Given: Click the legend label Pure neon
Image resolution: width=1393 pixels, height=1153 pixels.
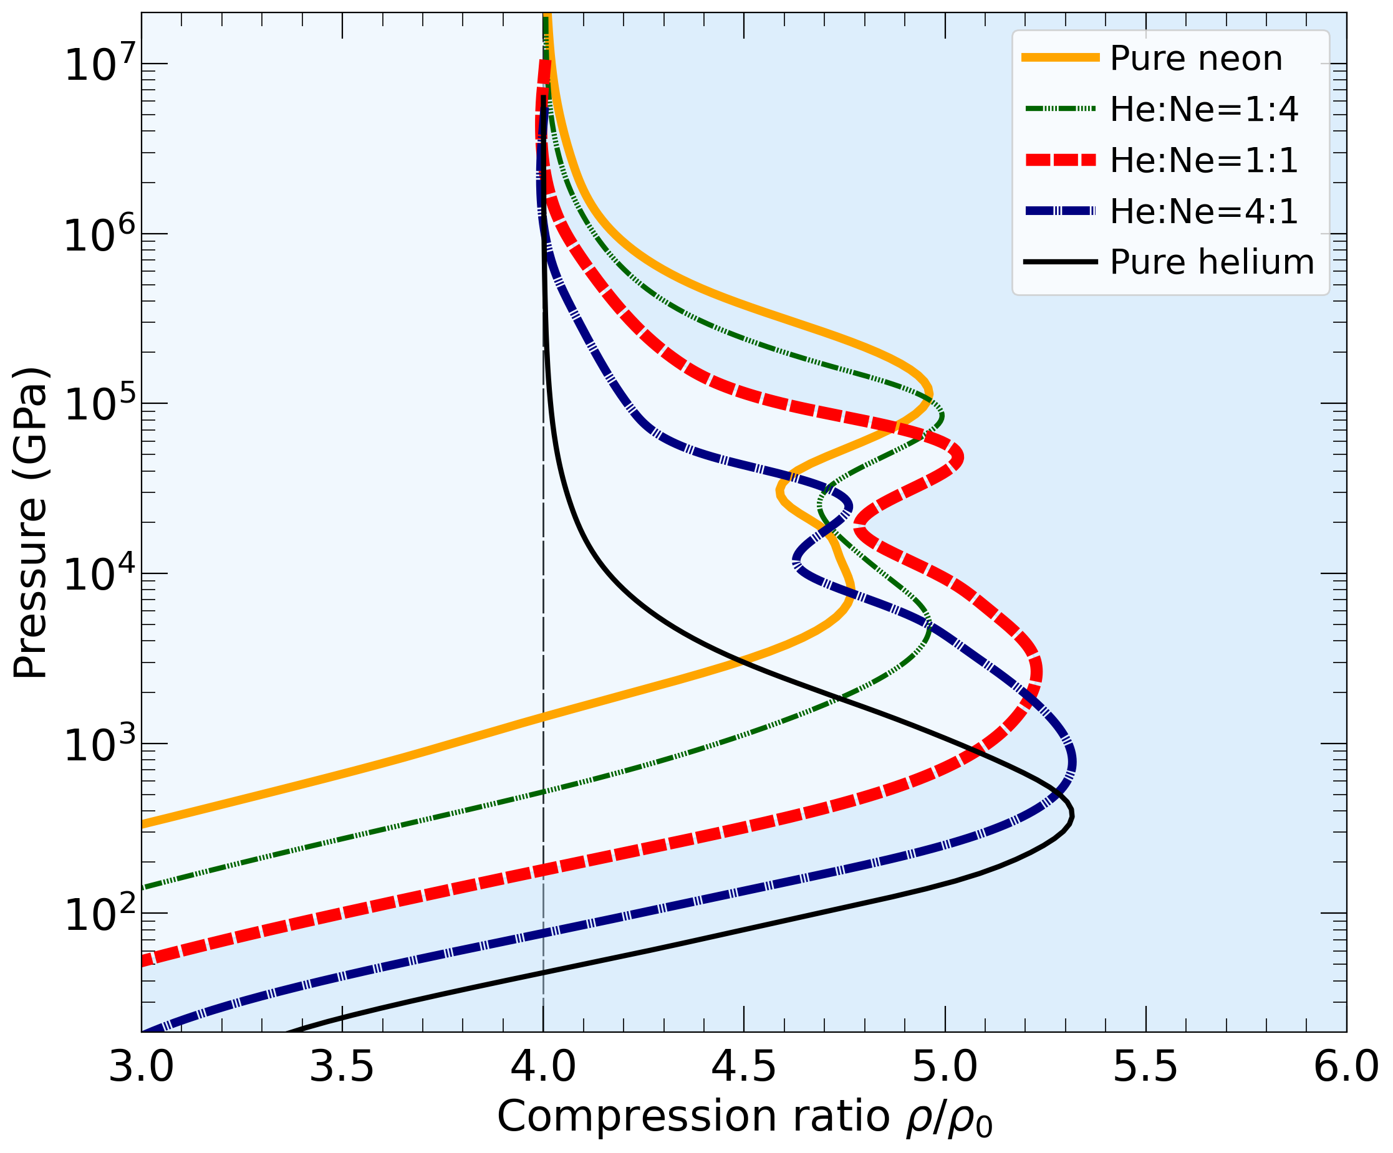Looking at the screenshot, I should pyautogui.click(x=1196, y=59).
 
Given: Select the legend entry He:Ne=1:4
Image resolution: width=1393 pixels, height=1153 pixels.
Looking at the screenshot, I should pyautogui.click(x=1203, y=110).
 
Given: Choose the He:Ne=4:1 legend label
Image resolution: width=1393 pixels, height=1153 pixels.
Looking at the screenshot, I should pyautogui.click(x=1203, y=211).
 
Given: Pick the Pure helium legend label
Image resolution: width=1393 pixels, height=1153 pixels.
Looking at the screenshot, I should pyautogui.click(x=1212, y=262).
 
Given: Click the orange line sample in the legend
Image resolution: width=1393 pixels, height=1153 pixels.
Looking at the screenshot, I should pyautogui.click(x=1060, y=59).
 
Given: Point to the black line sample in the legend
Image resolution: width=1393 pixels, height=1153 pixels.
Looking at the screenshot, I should pyautogui.click(x=1060, y=262).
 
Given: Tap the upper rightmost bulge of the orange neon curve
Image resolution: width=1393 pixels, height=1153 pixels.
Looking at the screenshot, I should pyautogui.click(x=932, y=394).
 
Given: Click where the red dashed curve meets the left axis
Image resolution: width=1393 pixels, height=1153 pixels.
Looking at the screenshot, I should pyautogui.click(x=143, y=959).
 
